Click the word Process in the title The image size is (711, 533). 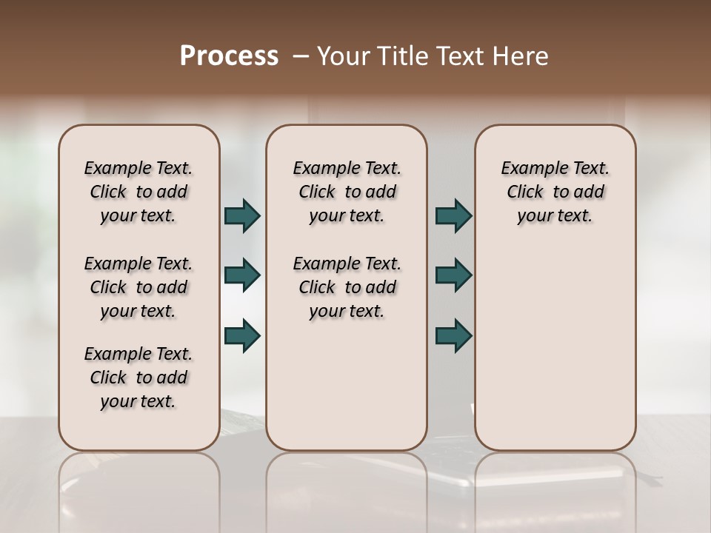[x=229, y=56]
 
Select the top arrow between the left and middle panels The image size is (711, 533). [x=242, y=215]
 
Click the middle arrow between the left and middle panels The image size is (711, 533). [x=242, y=275]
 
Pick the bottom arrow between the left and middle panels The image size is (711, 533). [x=242, y=335]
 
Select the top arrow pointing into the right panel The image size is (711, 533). [x=453, y=215]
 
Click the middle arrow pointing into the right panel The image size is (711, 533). [x=453, y=275]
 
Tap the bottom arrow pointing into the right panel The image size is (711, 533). [x=453, y=335]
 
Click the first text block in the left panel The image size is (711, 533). [x=138, y=192]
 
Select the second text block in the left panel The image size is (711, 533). [x=138, y=287]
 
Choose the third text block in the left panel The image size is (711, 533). [x=138, y=378]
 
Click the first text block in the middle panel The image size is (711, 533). [x=347, y=192]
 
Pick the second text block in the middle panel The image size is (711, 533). [x=347, y=287]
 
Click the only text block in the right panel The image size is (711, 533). [x=555, y=192]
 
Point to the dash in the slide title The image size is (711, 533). [x=301, y=56]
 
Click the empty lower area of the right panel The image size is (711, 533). [x=555, y=355]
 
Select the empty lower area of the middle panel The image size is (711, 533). [x=347, y=385]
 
